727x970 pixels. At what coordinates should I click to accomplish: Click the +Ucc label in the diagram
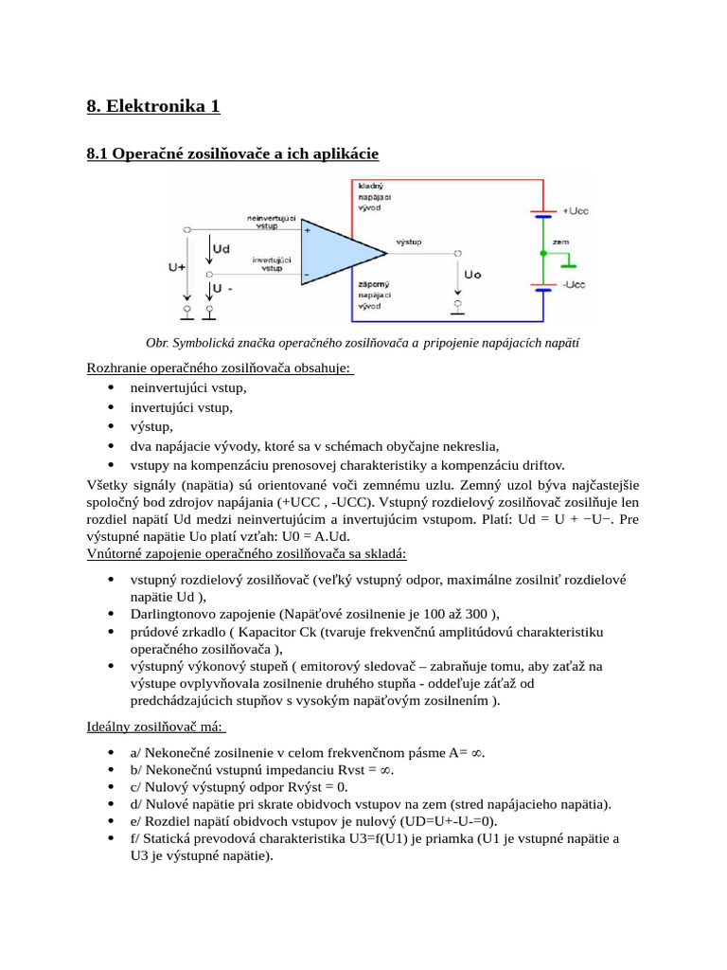576,210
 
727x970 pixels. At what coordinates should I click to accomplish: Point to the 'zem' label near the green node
560,242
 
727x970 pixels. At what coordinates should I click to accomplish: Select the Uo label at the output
472,275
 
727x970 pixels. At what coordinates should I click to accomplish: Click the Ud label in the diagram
222,248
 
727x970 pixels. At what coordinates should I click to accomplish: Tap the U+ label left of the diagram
177,268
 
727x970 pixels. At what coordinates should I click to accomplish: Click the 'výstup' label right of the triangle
409,242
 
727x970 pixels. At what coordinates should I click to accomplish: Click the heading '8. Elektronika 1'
153,106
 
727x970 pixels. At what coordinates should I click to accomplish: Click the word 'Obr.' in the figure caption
156,343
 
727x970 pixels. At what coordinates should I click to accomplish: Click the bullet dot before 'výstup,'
112,427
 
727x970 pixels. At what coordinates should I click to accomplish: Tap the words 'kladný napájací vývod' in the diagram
373,197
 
